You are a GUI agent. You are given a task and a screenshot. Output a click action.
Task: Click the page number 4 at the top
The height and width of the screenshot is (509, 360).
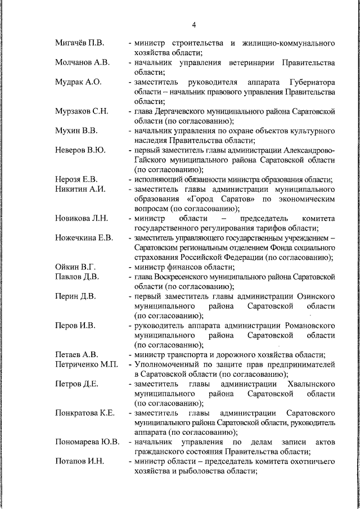tap(194, 25)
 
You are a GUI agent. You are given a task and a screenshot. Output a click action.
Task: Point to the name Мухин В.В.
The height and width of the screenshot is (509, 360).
tap(76, 130)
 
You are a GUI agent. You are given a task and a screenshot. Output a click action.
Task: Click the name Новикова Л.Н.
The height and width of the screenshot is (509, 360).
tap(82, 218)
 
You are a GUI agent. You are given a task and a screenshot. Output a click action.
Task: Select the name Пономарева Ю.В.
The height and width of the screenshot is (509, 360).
tap(87, 442)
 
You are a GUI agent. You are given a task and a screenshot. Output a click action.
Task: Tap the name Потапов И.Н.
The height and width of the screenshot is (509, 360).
tap(79, 461)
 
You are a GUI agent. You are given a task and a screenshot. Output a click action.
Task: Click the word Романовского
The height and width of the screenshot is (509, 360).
tap(307, 325)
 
